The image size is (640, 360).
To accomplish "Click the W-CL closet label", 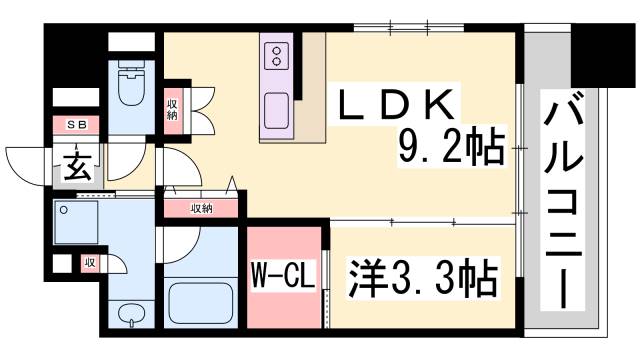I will coord(285,276).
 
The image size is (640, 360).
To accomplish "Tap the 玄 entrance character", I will coord(79,166).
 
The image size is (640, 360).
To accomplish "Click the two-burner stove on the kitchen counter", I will coord(277,56).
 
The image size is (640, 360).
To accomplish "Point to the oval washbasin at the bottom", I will coord(131,316).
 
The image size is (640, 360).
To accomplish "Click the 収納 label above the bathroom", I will coord(201,208).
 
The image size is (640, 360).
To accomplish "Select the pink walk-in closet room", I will coord(285,275).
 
